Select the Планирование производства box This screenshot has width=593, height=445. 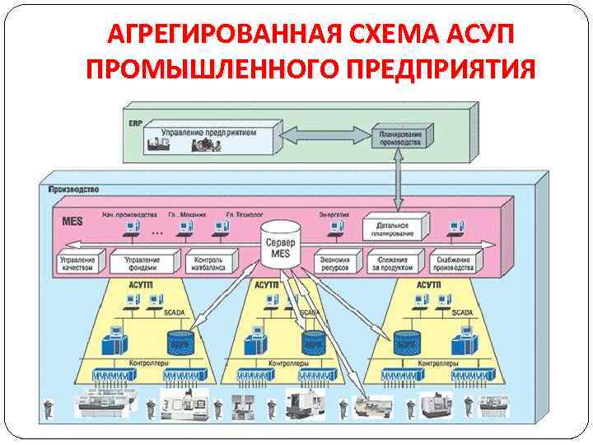400,137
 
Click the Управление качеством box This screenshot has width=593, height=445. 77,263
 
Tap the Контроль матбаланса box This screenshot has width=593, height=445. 208,263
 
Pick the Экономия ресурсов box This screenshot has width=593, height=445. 334,263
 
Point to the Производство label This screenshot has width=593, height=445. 74,189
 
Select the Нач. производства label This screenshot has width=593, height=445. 124,214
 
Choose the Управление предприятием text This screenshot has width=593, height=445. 208,133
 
